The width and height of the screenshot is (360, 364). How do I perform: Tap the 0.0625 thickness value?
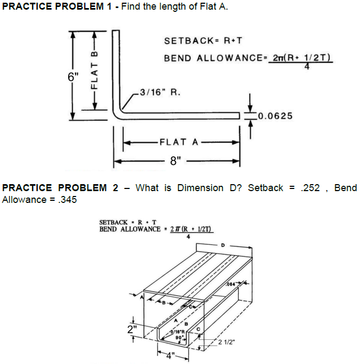275,115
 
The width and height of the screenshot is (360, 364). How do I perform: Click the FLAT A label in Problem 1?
178,142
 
